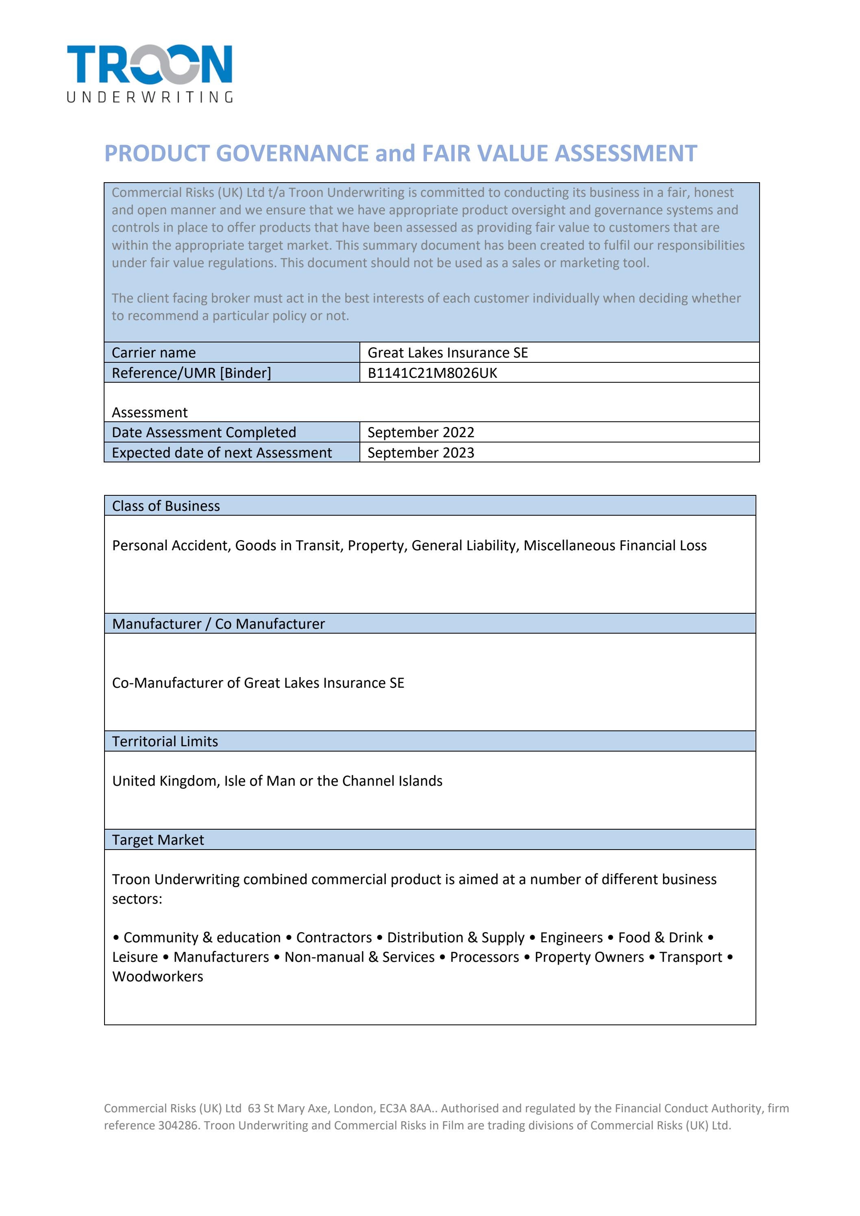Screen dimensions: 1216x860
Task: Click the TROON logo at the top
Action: point(149,65)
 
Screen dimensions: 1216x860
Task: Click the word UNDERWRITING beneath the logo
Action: point(149,97)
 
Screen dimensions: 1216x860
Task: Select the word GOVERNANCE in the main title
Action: point(292,153)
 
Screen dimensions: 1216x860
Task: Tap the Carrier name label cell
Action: point(154,353)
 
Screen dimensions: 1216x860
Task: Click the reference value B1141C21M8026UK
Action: point(432,373)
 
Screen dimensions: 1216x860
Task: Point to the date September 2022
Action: point(420,432)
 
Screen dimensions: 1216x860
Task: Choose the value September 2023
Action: point(420,453)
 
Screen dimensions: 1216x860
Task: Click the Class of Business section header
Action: point(166,506)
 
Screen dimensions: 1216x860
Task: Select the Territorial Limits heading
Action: point(165,741)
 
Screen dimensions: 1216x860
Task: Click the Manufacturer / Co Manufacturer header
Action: point(218,624)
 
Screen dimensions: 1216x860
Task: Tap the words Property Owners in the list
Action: point(589,957)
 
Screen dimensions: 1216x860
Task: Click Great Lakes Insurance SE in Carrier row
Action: point(447,353)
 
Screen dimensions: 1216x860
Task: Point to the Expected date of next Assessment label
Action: point(221,453)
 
